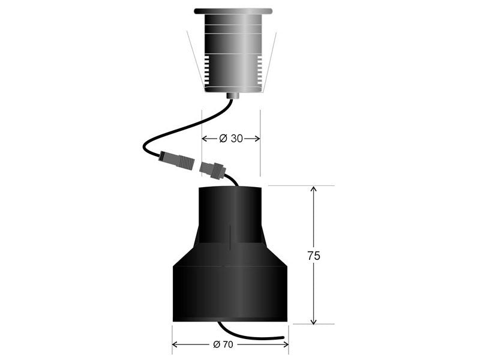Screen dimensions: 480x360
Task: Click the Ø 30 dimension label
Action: tap(231, 139)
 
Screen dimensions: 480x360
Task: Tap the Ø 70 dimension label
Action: tap(223, 344)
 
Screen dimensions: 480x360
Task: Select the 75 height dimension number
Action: tap(314, 256)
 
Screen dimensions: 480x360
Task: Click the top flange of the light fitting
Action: tap(233, 11)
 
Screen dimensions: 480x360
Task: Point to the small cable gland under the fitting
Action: tap(233, 96)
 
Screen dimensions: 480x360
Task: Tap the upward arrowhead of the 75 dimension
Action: tap(313, 189)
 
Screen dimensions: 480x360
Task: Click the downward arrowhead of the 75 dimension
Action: tap(313, 321)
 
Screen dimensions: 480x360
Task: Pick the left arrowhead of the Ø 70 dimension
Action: tap(175, 344)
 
